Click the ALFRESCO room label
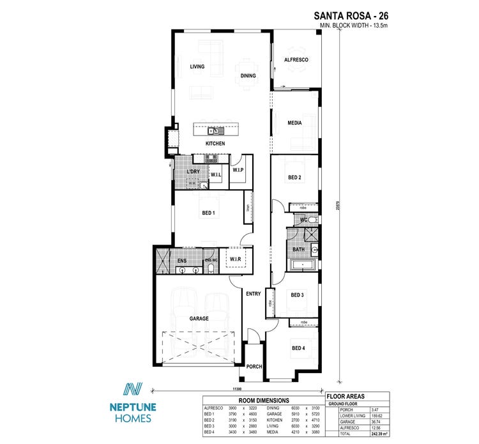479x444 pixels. [x=296, y=60]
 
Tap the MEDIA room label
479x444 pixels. [x=294, y=123]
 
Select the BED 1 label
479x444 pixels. [x=208, y=213]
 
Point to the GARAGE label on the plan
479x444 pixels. [x=199, y=318]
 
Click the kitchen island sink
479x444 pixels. [x=216, y=131]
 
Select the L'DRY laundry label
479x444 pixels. [x=194, y=173]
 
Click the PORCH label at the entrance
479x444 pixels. [x=254, y=367]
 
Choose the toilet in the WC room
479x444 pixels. [x=313, y=220]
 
